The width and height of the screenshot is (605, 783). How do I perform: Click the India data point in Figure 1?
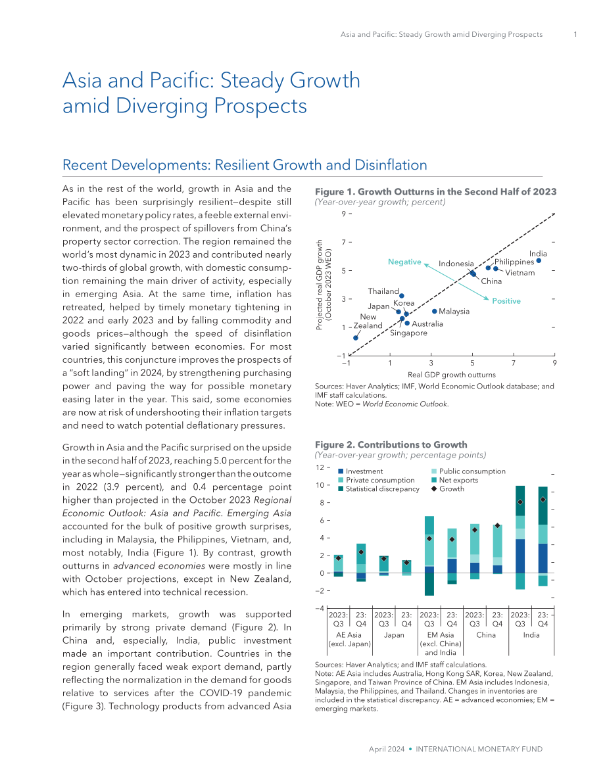[539, 260]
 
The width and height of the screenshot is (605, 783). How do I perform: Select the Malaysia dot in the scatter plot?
[435, 311]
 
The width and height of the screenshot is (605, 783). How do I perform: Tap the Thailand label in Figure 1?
[383, 291]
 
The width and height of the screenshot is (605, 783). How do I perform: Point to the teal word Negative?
[404, 262]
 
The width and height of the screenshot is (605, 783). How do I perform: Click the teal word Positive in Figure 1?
[506, 300]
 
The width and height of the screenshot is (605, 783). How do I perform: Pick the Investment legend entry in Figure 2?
[360, 471]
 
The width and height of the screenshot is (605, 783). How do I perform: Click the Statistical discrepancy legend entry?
[379, 489]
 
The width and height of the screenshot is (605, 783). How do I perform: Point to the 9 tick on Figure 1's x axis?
[554, 363]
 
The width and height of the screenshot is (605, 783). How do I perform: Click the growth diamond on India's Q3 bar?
[520, 502]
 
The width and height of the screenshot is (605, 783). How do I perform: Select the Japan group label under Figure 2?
[394, 634]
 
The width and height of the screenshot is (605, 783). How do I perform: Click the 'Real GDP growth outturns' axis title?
[452, 375]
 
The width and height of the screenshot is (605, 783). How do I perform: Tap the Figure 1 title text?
[435, 192]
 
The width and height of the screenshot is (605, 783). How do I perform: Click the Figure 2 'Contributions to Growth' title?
[391, 444]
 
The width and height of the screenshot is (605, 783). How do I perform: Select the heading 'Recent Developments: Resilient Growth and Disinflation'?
[245, 165]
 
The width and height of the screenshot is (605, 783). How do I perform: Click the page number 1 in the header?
[575, 34]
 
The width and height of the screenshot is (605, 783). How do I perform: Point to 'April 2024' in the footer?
[387, 749]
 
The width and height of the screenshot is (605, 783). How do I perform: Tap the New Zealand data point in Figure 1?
[356, 338]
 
